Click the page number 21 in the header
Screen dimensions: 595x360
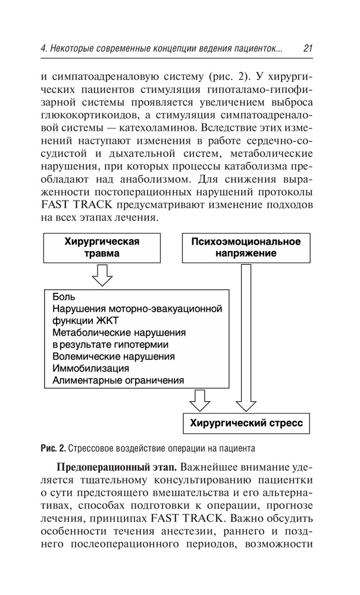pyautogui.click(x=308, y=48)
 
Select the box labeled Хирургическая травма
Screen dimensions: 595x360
pyautogui.click(x=102, y=247)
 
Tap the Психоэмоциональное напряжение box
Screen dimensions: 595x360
pyautogui.click(x=246, y=247)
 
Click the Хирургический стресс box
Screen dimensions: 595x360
pyautogui.click(x=246, y=424)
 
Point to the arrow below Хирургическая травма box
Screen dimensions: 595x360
pyautogui.click(x=102, y=275)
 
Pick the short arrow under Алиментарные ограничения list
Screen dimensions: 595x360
pyautogui.click(x=199, y=400)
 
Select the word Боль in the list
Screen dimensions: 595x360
pyautogui.click(x=63, y=297)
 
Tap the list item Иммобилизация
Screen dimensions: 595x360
pyautogui.click(x=91, y=368)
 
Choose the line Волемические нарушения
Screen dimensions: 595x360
pyautogui.click(x=113, y=356)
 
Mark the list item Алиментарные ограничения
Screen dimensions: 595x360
pyautogui.click(x=118, y=380)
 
